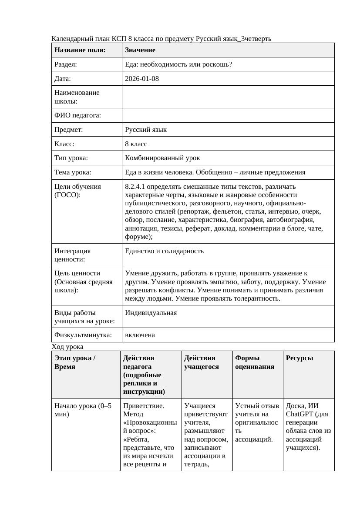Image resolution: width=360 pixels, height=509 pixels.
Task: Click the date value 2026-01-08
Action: coord(141,79)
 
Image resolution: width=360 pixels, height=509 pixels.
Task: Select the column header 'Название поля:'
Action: coord(80,50)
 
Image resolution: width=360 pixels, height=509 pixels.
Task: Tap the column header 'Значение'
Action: coord(141,50)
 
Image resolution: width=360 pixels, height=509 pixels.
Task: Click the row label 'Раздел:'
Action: coord(66,64)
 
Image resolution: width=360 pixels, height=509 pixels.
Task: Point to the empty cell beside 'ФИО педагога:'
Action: coord(228,115)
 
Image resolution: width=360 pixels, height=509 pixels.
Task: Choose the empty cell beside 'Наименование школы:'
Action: coord(228,97)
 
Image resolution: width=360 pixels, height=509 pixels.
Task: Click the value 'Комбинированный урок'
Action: coord(162,158)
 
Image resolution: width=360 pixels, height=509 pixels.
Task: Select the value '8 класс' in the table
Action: coord(136,144)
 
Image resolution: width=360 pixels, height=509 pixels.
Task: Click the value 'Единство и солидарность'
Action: coord(164,251)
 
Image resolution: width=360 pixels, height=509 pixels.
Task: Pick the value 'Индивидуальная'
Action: coord(151,313)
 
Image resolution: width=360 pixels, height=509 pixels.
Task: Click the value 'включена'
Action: coord(140,335)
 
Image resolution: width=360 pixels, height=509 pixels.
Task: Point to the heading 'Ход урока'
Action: coord(67,347)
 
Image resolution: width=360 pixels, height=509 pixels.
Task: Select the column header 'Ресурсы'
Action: coord(299,358)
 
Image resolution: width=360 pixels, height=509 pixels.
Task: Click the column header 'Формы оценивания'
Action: coord(255,362)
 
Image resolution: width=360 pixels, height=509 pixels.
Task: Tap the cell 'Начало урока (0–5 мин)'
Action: coord(82,410)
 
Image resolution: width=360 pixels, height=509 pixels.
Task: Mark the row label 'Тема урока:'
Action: coord(73,172)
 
